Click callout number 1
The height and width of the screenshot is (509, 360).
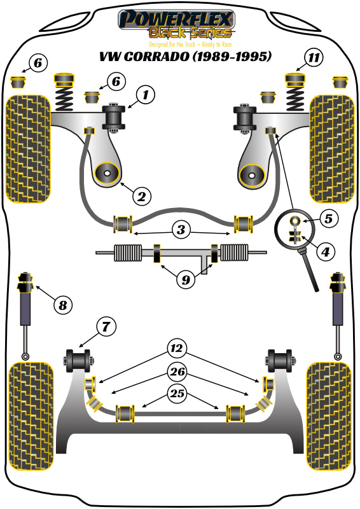pos(145,96)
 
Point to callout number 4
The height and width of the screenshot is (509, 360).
pos(326,252)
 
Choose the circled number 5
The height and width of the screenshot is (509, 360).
pos(328,219)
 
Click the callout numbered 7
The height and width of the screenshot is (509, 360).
pos(106,328)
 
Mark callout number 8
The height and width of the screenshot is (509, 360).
pos(62,306)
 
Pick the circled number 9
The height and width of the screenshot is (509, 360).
pos(185,279)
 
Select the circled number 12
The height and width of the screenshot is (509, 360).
pos(176,348)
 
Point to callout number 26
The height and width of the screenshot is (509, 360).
pos(178,371)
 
